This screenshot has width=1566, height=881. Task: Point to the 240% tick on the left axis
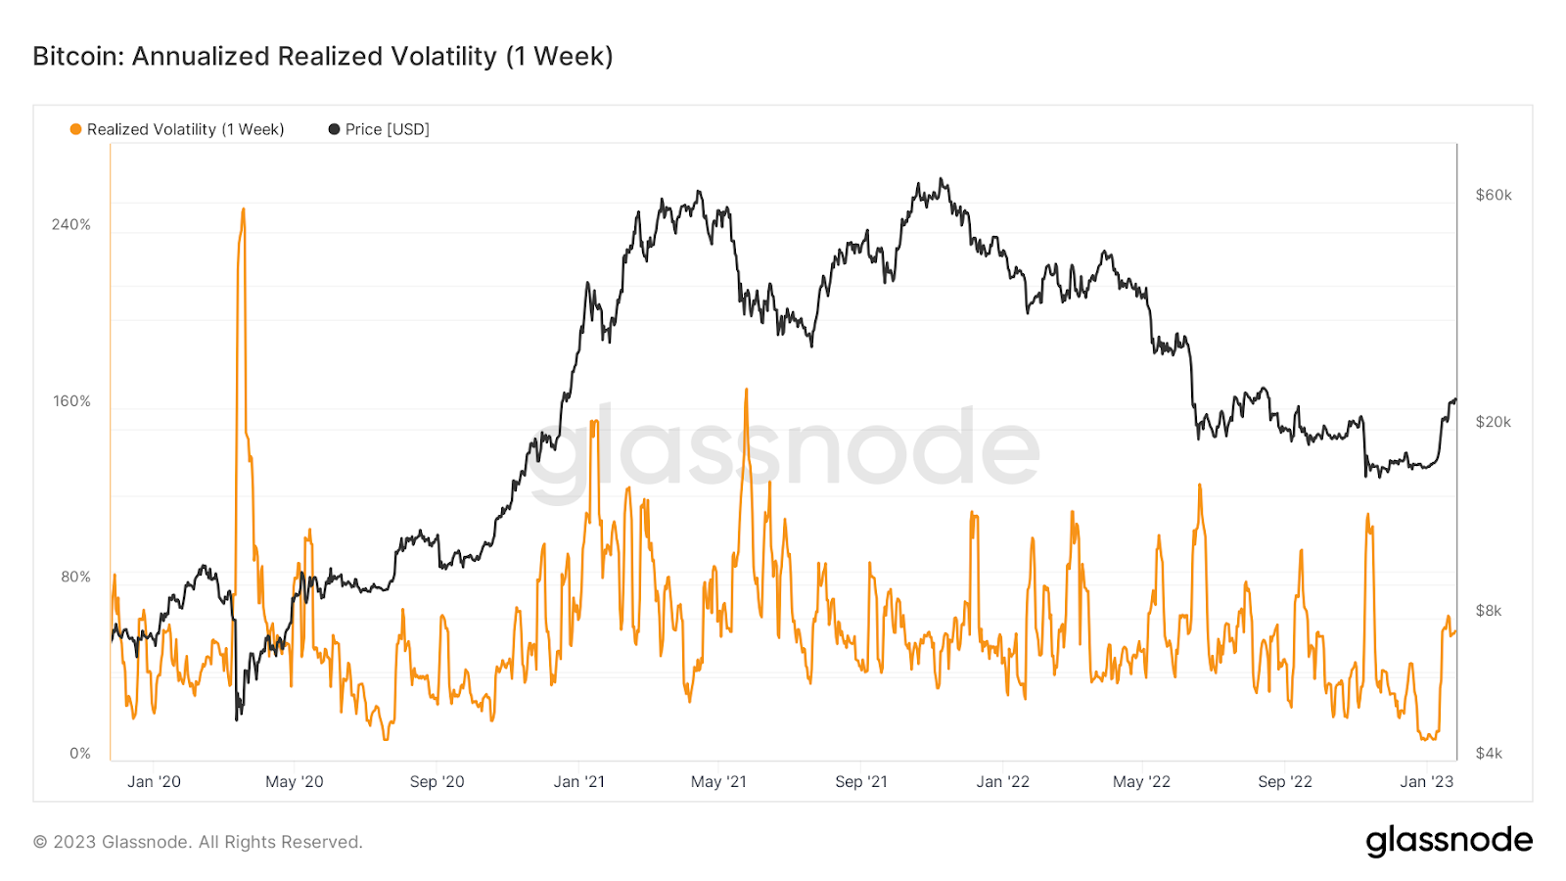(71, 224)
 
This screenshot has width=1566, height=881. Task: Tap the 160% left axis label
(71, 401)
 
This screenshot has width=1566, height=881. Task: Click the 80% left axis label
(75, 577)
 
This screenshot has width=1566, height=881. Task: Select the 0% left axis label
(80, 753)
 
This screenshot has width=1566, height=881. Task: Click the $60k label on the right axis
(1494, 195)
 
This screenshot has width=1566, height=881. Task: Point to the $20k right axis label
(1494, 422)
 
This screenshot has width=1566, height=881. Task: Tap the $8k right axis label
(1489, 611)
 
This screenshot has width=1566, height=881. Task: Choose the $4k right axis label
(1489, 753)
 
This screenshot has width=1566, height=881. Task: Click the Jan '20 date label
(154, 781)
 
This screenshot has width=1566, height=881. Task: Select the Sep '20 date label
(437, 781)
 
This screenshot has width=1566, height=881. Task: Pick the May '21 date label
(718, 781)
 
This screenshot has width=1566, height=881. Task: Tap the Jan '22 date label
(1003, 781)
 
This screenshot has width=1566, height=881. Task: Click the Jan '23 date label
(1427, 781)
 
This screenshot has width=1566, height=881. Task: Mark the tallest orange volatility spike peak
(243, 209)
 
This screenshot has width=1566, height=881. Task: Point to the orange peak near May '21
(746, 391)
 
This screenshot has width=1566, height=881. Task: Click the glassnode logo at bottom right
(1449, 841)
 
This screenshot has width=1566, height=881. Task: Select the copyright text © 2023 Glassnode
(198, 842)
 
